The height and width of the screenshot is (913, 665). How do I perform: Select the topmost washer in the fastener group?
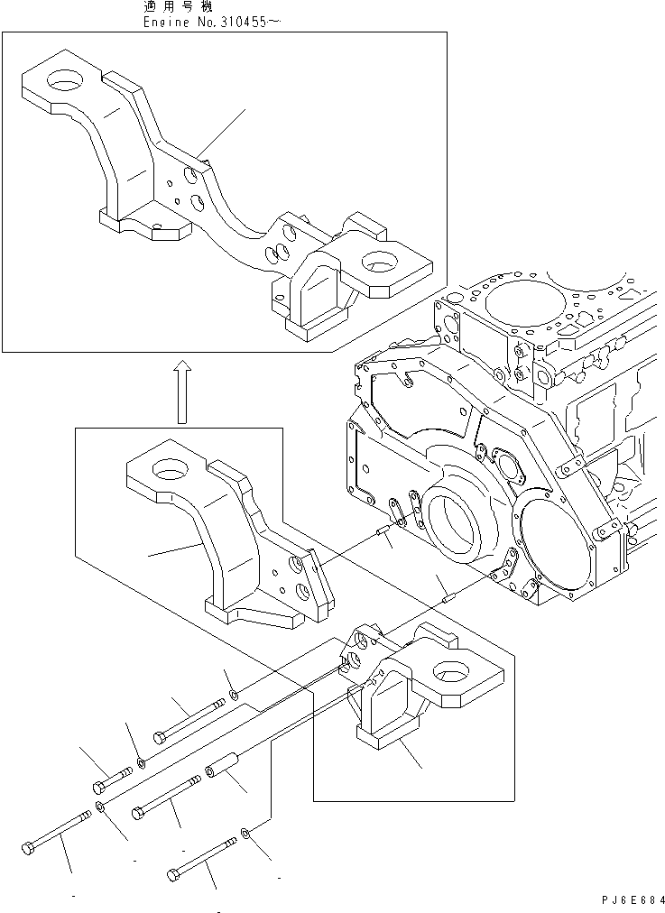[x=234, y=694]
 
